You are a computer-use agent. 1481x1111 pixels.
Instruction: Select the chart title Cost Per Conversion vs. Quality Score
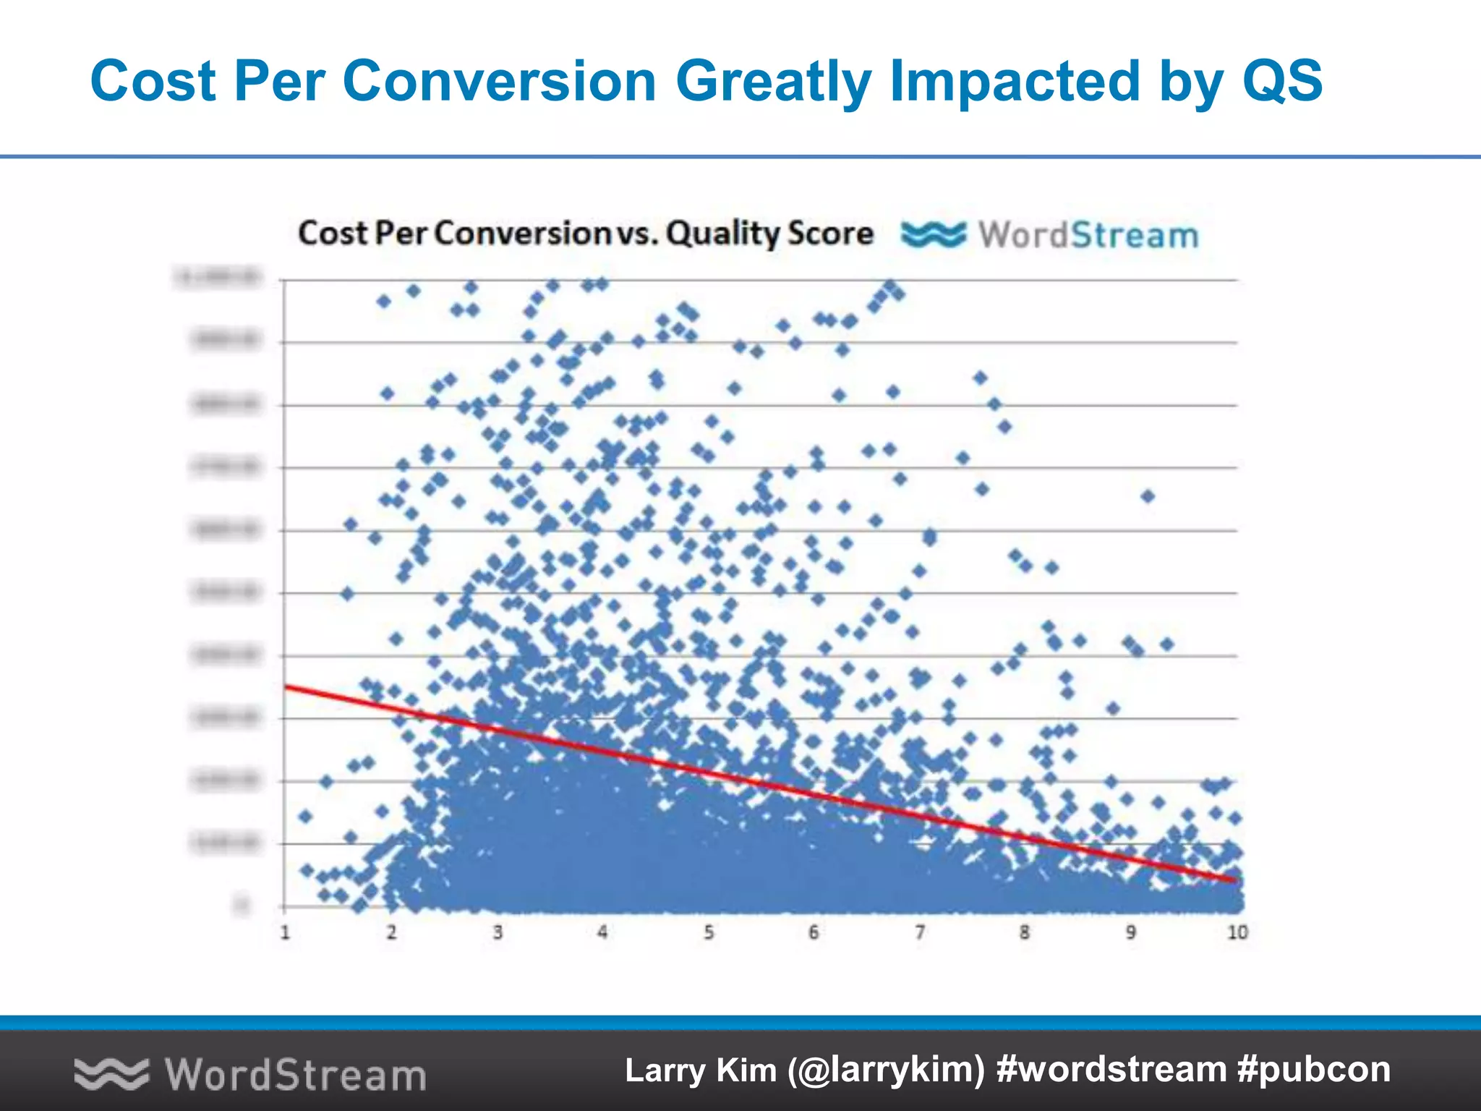[585, 234]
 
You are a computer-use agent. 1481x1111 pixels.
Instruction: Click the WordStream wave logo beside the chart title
[933, 235]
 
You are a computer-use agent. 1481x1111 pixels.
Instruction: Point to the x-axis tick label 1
[285, 932]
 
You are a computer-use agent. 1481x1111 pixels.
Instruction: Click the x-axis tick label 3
[498, 932]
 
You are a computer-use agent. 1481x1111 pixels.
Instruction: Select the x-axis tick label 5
[709, 932]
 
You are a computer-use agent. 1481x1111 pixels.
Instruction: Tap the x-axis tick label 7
[920, 932]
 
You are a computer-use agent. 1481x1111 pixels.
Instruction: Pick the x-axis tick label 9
[1131, 932]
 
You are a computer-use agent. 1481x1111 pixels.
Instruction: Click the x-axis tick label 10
[1237, 932]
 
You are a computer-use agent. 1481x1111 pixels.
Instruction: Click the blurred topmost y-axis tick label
[219, 277]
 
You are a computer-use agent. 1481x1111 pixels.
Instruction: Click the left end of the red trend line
[287, 686]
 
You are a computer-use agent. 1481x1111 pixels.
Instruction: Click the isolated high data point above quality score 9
[1148, 496]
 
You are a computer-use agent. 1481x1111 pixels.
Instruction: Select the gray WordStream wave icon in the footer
[111, 1073]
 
